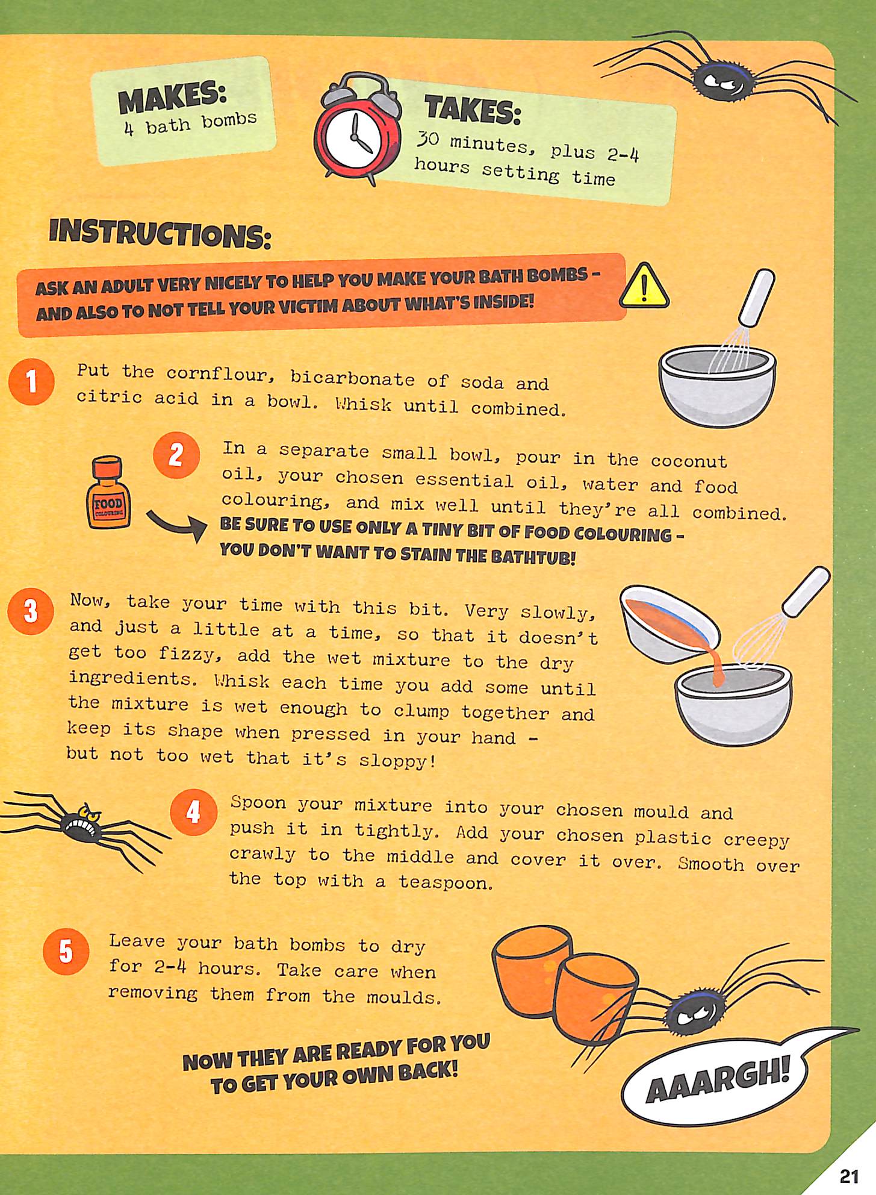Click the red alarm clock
(x=358, y=129)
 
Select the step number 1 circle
(x=32, y=381)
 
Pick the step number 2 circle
(x=176, y=455)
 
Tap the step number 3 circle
(x=31, y=611)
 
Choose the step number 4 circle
(x=193, y=813)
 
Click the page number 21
(x=848, y=1176)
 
